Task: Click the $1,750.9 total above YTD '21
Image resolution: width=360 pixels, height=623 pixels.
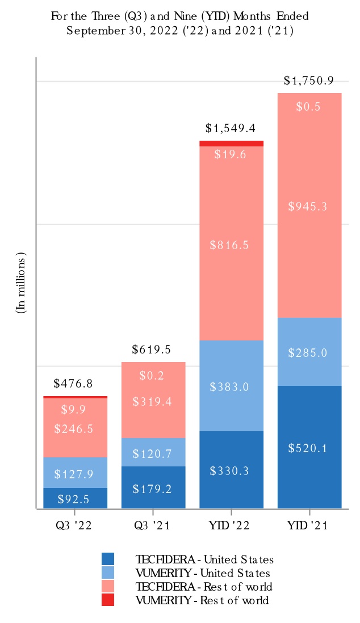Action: pyautogui.click(x=309, y=81)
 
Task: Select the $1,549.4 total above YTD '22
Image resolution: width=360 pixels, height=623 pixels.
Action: pyautogui.click(x=231, y=128)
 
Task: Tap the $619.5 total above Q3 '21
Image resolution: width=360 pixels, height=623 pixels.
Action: pyautogui.click(x=153, y=350)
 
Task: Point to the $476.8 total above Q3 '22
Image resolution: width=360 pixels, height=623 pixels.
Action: pyautogui.click(x=76, y=384)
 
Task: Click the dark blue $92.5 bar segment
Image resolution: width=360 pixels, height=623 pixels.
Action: pyautogui.click(x=76, y=498)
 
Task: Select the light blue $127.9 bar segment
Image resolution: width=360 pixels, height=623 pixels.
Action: pyautogui.click(x=76, y=473)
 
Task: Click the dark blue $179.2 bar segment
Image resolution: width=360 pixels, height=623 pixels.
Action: pyautogui.click(x=153, y=487)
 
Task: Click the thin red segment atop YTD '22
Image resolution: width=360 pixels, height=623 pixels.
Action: pyautogui.click(x=231, y=144)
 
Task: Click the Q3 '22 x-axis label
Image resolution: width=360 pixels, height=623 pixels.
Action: pyautogui.click(x=76, y=525)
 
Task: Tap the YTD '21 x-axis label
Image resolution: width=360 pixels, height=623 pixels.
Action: pyautogui.click(x=309, y=525)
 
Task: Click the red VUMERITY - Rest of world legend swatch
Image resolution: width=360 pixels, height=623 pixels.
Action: pyautogui.click(x=108, y=600)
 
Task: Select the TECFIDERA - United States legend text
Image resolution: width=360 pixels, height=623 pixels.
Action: pyautogui.click(x=204, y=559)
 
